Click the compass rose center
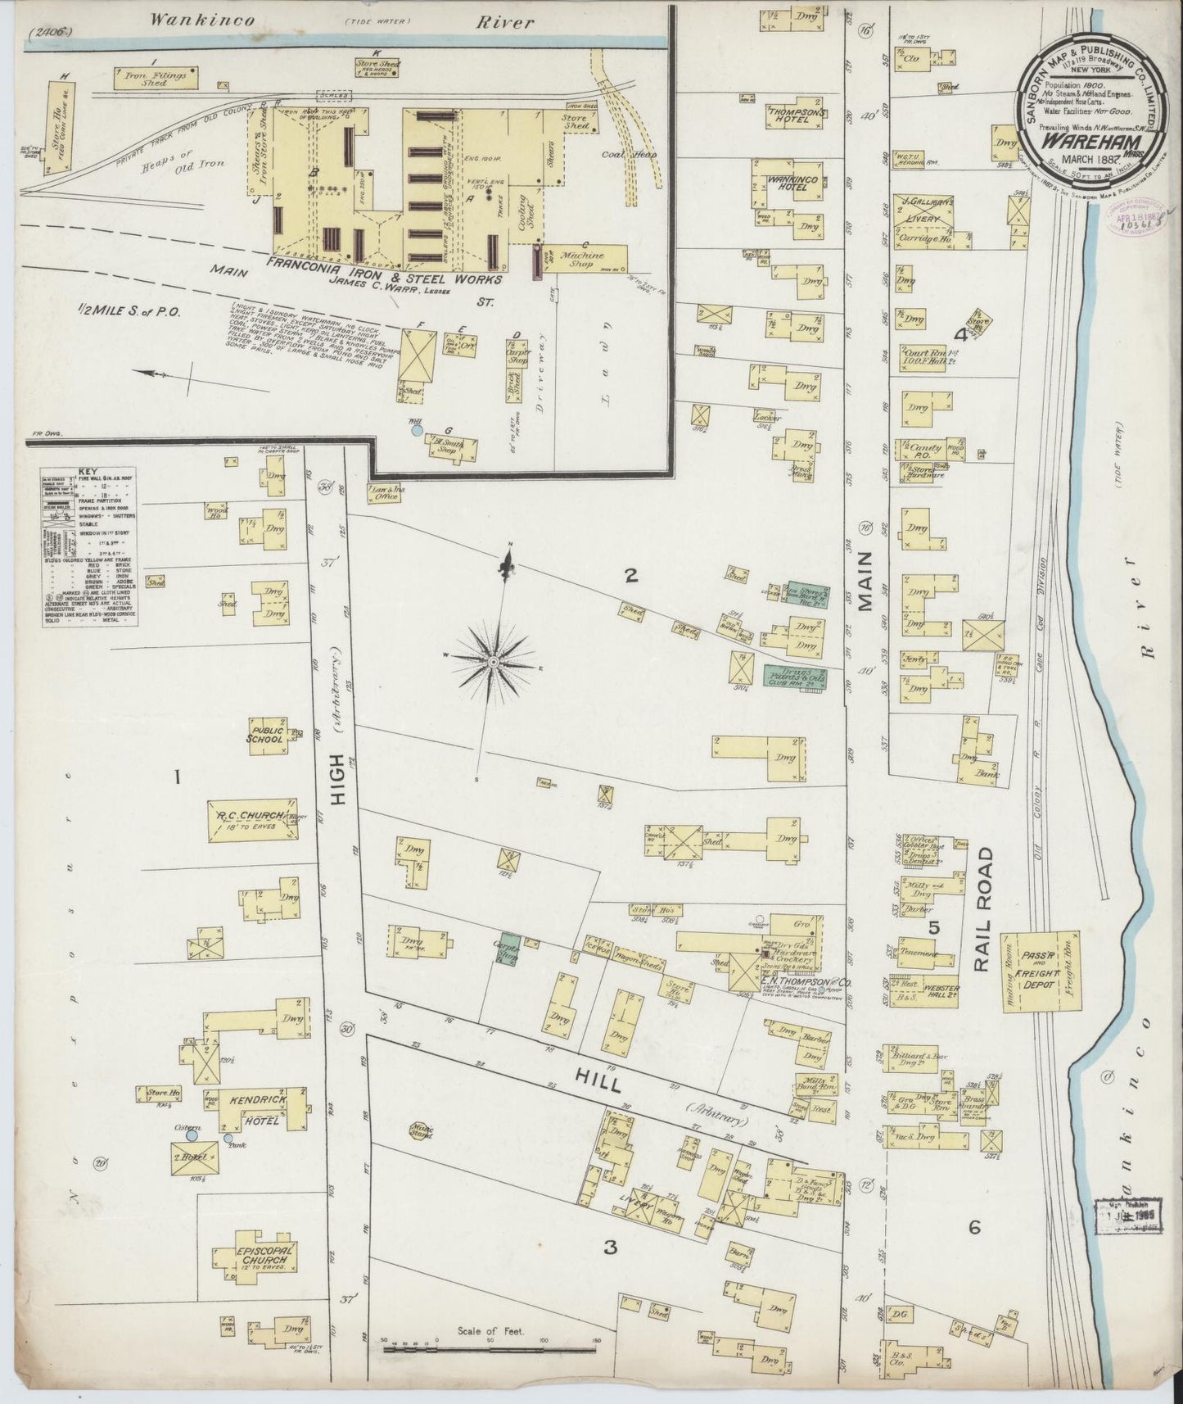pyautogui.click(x=494, y=659)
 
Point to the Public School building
pyautogui.click(x=267, y=732)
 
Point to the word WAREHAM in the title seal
pyautogui.click(x=1079, y=139)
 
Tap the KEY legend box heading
pyautogui.click(x=88, y=473)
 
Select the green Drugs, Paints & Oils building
pyautogui.click(x=795, y=676)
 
